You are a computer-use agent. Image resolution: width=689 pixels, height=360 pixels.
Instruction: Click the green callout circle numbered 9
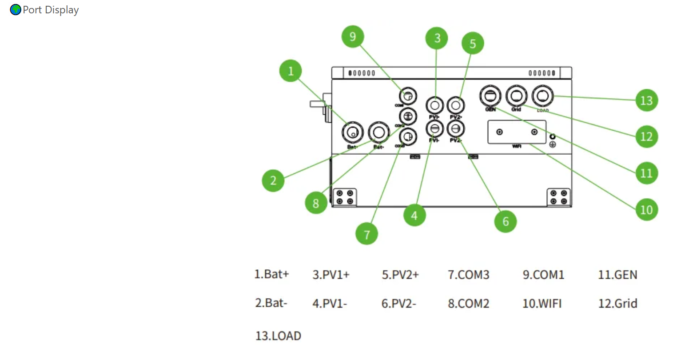point(353,36)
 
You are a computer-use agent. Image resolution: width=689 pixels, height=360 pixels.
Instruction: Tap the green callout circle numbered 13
point(646,100)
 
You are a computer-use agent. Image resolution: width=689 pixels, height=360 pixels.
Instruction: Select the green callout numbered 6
point(506,221)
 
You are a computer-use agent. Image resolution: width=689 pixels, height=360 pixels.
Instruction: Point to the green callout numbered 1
point(291,71)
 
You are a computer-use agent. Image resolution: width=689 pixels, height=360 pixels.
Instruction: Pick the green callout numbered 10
point(646,210)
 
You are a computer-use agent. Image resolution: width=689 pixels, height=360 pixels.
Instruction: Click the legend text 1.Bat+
point(271,274)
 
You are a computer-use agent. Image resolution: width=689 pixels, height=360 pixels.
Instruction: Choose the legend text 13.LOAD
point(278,336)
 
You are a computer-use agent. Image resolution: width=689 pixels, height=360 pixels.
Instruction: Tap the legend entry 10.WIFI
point(542,304)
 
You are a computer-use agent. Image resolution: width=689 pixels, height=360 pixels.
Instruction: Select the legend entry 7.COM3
point(468,275)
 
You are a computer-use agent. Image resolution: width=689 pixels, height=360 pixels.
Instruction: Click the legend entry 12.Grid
point(617,304)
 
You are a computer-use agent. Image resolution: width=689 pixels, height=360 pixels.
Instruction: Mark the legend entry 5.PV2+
point(400,275)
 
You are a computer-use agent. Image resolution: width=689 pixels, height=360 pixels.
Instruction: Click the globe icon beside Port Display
point(16,10)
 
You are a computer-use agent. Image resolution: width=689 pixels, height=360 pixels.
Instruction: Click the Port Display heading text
point(51,10)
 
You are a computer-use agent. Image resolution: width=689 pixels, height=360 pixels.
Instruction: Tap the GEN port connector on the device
point(490,96)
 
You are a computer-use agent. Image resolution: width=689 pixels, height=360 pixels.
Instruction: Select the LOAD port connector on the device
point(542,96)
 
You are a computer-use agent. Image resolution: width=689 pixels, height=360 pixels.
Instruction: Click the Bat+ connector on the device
point(353,132)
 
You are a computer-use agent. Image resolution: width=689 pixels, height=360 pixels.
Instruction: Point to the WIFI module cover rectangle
point(517,132)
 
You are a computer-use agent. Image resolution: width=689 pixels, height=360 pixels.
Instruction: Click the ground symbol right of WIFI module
point(553,144)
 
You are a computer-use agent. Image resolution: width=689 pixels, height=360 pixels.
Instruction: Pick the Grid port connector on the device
point(516,96)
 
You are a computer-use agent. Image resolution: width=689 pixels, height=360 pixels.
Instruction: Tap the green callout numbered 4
point(414,216)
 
